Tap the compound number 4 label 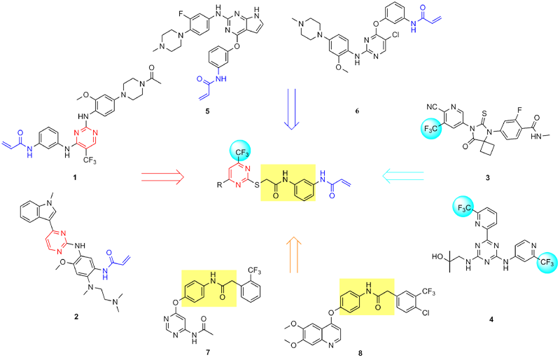[x=491, y=319]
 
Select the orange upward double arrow [x=292, y=254]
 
